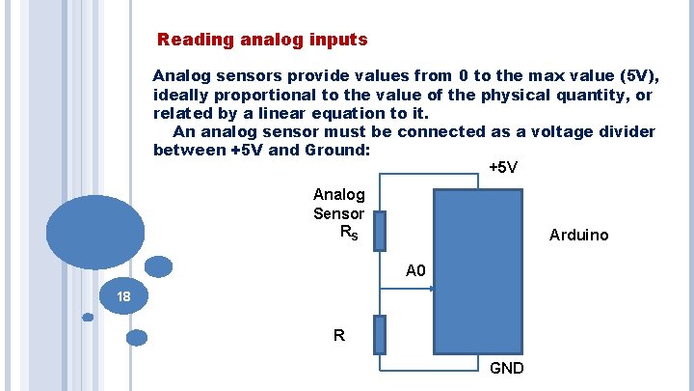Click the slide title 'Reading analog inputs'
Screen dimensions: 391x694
pyautogui.click(x=262, y=41)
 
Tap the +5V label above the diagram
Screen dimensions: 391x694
pyautogui.click(x=503, y=168)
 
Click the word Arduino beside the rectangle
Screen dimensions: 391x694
pyautogui.click(x=578, y=236)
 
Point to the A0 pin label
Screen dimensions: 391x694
pyautogui.click(x=415, y=271)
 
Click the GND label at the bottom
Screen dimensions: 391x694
pyautogui.click(x=507, y=368)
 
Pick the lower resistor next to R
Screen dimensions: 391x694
pyautogui.click(x=380, y=334)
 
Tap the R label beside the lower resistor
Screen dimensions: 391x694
pyautogui.click(x=338, y=336)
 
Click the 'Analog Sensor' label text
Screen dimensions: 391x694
pyautogui.click(x=338, y=205)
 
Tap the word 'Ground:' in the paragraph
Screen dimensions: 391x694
pyautogui.click(x=338, y=151)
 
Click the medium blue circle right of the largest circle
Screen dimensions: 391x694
pyautogui.click(x=158, y=266)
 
